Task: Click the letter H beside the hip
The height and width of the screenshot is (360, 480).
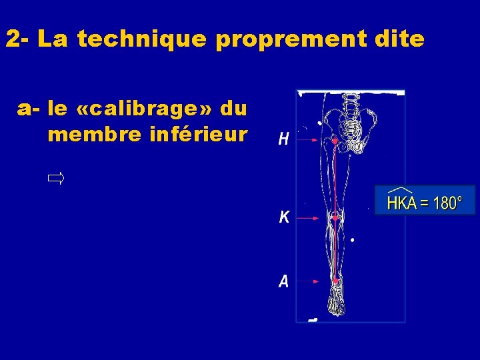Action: [x=283, y=139]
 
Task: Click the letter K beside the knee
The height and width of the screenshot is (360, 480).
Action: [x=284, y=217]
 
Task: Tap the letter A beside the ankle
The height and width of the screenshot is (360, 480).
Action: [x=284, y=282]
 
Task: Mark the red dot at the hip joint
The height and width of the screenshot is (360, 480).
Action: [x=334, y=141]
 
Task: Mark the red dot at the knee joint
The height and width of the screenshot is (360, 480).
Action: [x=335, y=218]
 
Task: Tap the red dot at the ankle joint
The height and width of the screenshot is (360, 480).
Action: [x=335, y=282]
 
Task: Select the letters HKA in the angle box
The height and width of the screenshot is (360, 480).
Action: [x=402, y=203]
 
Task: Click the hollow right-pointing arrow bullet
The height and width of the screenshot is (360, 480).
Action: [x=55, y=178]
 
